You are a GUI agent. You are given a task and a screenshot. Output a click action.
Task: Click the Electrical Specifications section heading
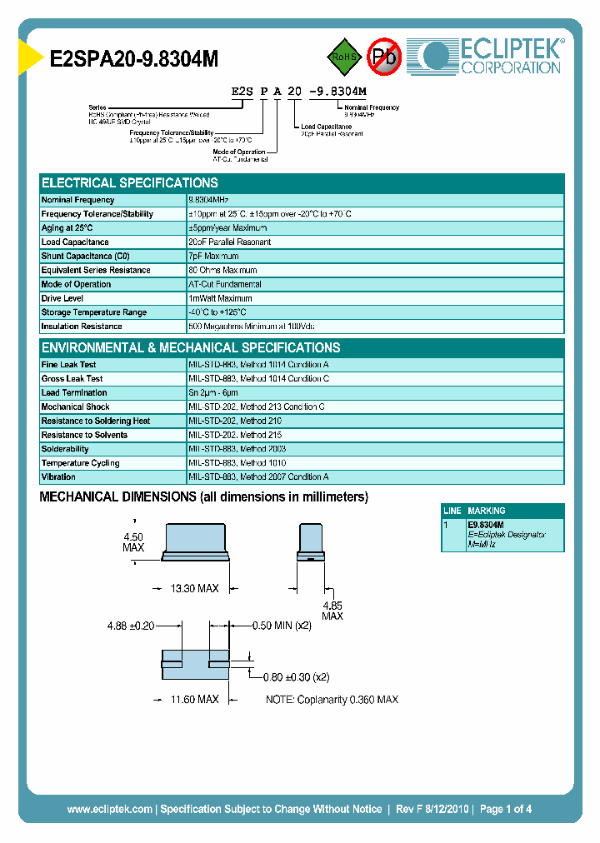point(130,182)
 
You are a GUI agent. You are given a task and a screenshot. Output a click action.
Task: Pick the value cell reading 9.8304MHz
point(208,200)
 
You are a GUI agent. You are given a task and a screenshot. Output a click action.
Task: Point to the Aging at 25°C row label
point(67,228)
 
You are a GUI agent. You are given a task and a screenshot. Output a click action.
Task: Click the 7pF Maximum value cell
point(213,257)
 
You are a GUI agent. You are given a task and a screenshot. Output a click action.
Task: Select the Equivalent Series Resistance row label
point(96,271)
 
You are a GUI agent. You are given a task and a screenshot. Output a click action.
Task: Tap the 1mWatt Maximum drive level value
point(220,299)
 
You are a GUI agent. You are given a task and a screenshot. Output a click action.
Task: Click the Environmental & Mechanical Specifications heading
point(191,347)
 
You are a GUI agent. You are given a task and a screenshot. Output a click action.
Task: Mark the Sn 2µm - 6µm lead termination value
point(213,393)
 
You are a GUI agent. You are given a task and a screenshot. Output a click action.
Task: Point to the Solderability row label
point(65,449)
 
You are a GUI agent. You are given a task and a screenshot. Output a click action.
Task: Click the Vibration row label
point(58,477)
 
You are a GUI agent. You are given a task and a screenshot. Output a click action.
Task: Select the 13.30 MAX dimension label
point(194,589)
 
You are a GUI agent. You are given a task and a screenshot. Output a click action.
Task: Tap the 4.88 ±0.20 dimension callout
point(131,626)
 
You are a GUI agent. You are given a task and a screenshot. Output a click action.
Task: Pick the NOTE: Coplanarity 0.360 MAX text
point(332,700)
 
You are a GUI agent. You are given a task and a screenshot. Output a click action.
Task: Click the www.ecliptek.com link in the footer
point(109,809)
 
